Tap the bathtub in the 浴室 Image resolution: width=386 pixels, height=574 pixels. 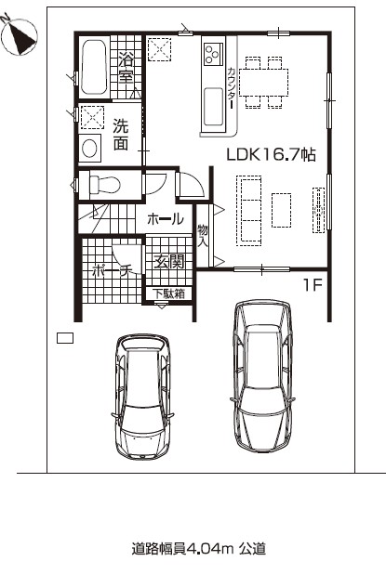click(94, 67)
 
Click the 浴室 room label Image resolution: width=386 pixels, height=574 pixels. click(126, 68)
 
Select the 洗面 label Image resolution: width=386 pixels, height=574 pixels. click(120, 135)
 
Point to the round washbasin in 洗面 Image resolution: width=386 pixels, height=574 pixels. click(90, 148)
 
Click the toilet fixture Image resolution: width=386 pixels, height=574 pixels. click(104, 185)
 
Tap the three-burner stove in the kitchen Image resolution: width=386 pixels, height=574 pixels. click(213, 54)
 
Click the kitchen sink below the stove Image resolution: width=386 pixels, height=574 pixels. click(213, 107)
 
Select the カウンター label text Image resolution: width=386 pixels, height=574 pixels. click(232, 88)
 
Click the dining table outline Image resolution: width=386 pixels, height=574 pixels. click(263, 83)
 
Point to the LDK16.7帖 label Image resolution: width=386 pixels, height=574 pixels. click(272, 155)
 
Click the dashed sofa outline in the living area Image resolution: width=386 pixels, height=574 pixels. click(249, 211)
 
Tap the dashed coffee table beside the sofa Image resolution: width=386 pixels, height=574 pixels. click(282, 211)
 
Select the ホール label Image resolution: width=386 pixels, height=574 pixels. click(165, 219)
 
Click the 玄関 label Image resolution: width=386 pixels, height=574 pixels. click(168, 261)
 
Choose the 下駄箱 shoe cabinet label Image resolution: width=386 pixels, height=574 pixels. click(169, 294)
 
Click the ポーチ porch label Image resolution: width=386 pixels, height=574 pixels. click(112, 270)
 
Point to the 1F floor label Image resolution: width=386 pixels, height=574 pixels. click(313, 285)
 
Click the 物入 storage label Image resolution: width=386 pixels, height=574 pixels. click(203, 235)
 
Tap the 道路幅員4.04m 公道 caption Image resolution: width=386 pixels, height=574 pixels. click(199, 549)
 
